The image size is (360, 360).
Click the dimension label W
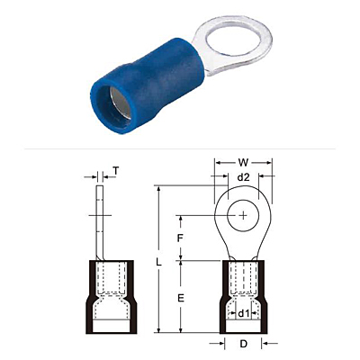pyautogui.click(x=243, y=163)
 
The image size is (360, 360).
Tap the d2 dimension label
pyautogui.click(x=243, y=177)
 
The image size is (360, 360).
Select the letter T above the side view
pyautogui.click(x=116, y=171)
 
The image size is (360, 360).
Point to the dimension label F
pyautogui.click(x=180, y=238)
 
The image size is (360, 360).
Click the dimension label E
pyautogui.click(x=180, y=298)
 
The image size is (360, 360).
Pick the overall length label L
pyautogui.click(x=159, y=263)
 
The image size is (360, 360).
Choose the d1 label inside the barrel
pyautogui.click(x=244, y=314)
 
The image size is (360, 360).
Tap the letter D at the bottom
pyautogui.click(x=243, y=344)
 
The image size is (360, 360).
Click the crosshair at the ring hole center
pyautogui.click(x=243, y=215)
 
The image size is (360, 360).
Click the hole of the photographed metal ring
pyautogui.click(x=232, y=40)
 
